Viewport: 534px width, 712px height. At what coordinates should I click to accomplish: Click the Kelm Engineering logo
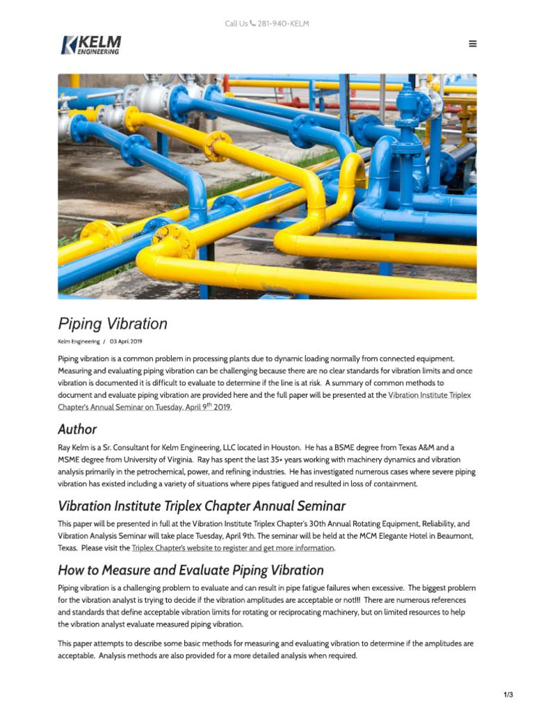pos(90,44)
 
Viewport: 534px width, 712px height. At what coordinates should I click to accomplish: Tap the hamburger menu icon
pos(473,44)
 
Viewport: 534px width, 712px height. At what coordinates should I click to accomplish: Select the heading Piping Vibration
pos(113,324)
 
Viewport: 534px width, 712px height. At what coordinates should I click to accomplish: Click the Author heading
pos(77,429)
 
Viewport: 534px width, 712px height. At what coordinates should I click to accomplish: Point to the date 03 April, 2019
pos(126,342)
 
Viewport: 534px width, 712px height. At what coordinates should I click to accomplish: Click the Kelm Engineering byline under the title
pos(79,342)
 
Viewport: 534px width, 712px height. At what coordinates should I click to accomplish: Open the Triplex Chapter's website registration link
pos(233,548)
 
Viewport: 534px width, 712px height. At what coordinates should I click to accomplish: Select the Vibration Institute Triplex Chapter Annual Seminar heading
pos(202,505)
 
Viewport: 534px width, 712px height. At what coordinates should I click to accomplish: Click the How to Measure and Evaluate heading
pos(191,570)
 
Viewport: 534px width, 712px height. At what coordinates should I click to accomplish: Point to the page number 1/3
pos(508,695)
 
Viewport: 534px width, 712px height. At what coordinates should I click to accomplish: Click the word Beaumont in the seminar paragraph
pos(452,536)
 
